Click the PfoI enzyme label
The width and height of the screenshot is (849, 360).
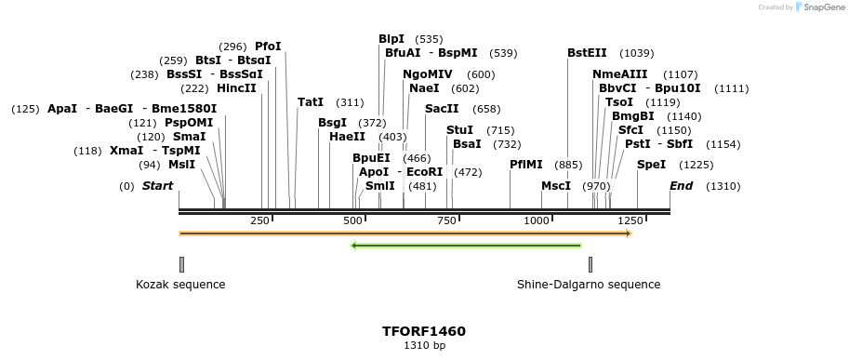[x=268, y=47]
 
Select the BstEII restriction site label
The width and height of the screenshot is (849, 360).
[x=587, y=53]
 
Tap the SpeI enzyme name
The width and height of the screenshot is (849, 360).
[x=651, y=165]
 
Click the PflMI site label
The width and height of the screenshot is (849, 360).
[x=525, y=165]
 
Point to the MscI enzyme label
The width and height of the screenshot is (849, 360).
[x=556, y=186]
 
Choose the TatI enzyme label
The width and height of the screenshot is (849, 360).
[x=311, y=102]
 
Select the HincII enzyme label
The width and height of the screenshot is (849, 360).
[x=236, y=88]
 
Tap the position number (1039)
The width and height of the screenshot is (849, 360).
[x=637, y=54]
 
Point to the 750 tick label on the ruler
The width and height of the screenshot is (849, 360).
[x=445, y=220]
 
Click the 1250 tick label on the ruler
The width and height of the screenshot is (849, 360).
[x=631, y=220]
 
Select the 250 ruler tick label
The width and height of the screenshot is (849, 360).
[x=259, y=220]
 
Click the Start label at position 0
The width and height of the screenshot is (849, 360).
[x=157, y=186]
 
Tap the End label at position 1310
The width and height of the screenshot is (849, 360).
[x=682, y=186]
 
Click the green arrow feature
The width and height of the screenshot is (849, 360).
[x=466, y=246]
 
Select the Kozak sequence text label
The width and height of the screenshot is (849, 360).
[x=180, y=285]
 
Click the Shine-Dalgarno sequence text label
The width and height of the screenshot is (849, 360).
[x=589, y=285]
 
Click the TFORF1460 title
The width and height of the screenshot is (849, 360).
[x=424, y=331]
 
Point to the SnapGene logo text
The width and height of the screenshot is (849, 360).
[x=825, y=7]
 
